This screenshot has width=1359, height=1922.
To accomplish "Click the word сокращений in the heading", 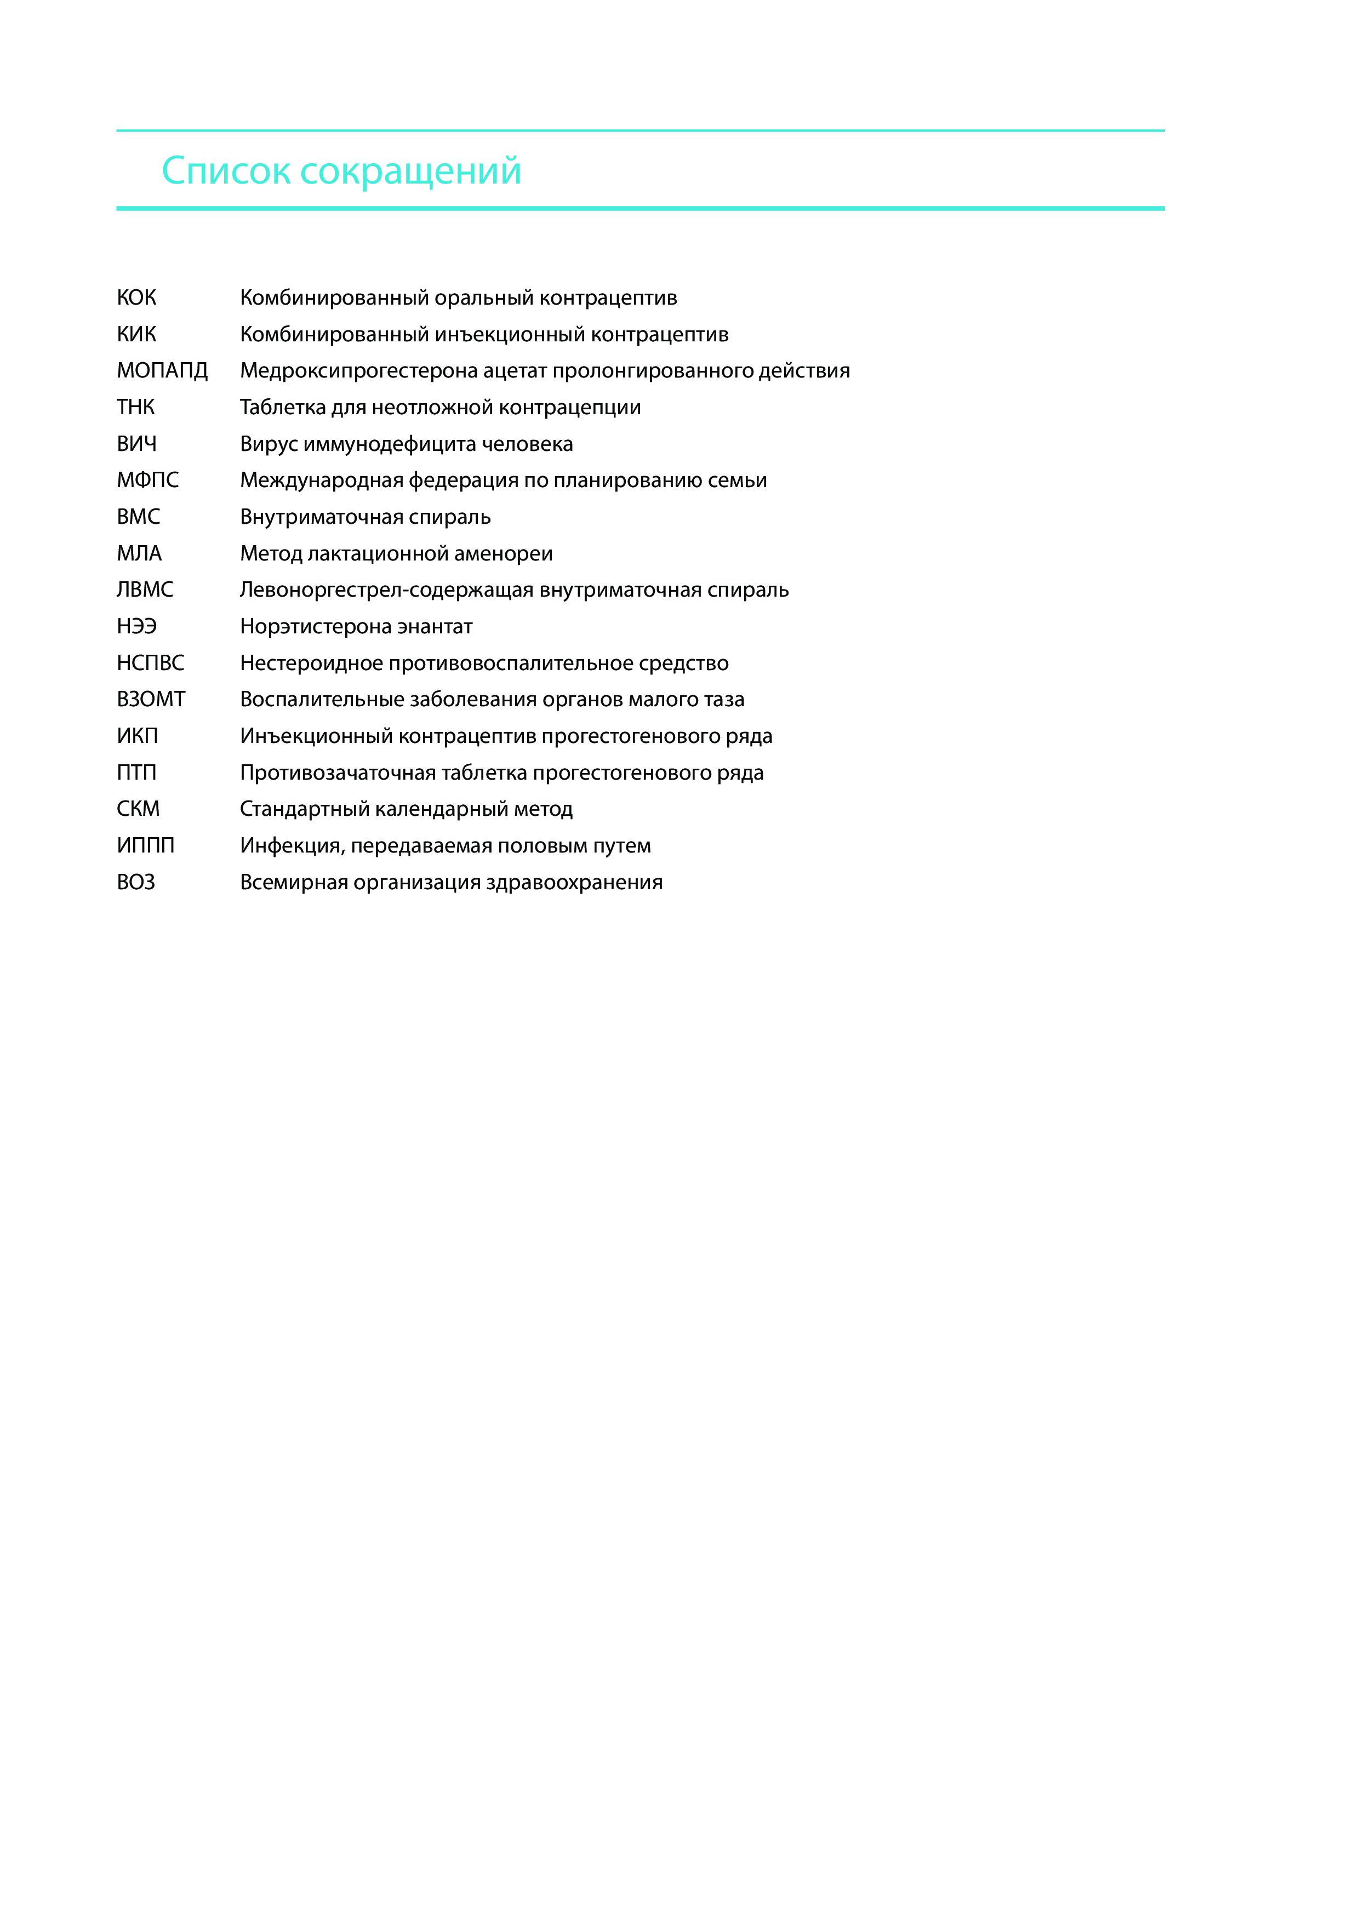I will point(410,171).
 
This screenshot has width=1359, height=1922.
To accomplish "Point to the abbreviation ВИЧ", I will point(136,444).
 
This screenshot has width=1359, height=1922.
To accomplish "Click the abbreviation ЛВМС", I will point(145,590).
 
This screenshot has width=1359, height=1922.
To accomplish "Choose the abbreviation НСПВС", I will point(150,663).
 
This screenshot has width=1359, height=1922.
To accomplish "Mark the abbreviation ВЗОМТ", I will point(151,700).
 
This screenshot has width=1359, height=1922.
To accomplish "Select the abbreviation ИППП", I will point(146,845).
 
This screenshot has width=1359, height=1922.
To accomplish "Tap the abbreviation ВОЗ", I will point(136,882).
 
